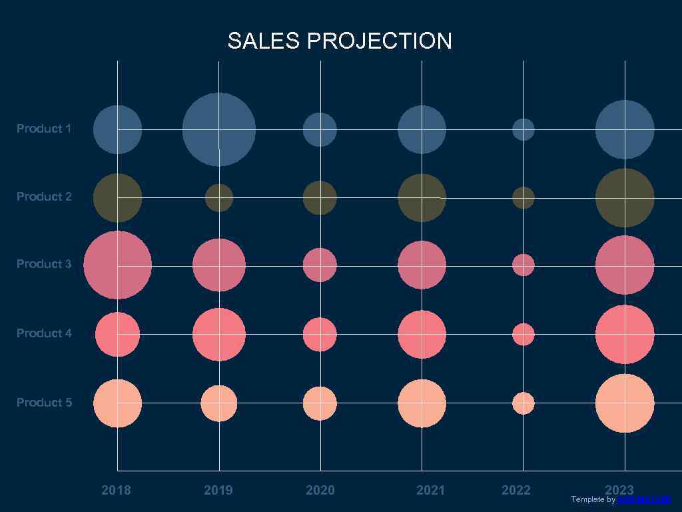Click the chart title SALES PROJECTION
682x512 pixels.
click(x=340, y=41)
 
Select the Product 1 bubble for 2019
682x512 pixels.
click(x=219, y=129)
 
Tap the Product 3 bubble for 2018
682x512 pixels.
click(x=118, y=265)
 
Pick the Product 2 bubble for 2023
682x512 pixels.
click(x=625, y=198)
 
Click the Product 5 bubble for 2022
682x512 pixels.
click(x=523, y=403)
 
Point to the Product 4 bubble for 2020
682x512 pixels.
click(x=320, y=335)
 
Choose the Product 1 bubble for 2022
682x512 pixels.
click(x=523, y=129)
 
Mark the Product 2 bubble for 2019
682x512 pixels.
click(x=219, y=198)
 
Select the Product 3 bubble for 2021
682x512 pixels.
click(x=422, y=265)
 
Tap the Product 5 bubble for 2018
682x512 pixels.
click(x=118, y=403)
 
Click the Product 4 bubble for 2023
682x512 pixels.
click(x=625, y=335)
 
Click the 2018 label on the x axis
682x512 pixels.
click(x=117, y=491)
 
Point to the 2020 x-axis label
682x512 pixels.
click(x=320, y=491)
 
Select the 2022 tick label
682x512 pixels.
click(x=516, y=491)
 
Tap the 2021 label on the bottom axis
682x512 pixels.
click(x=430, y=491)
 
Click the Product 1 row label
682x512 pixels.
click(x=44, y=129)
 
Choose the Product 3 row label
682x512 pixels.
click(x=44, y=264)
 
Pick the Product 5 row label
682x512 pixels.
click(x=44, y=403)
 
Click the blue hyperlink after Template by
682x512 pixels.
click(x=643, y=499)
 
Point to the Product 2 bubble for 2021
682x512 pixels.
click(x=422, y=198)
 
